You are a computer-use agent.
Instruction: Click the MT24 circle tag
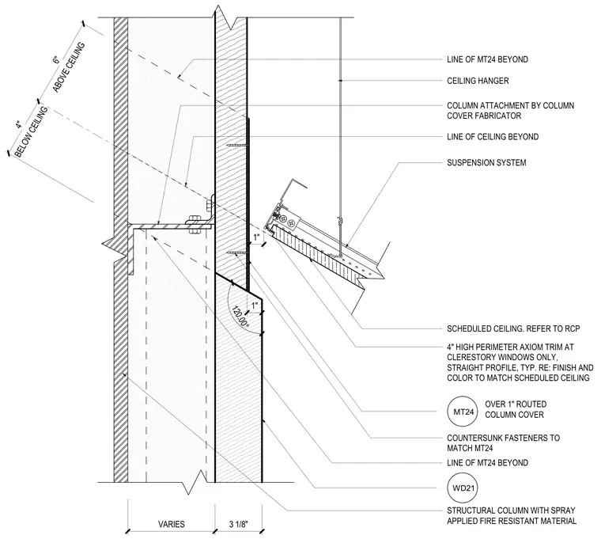click(463, 412)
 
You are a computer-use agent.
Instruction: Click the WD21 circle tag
click(463, 488)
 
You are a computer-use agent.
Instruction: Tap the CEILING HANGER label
click(478, 81)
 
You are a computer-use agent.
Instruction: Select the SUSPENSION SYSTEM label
click(486, 163)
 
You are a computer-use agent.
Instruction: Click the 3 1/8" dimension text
click(239, 524)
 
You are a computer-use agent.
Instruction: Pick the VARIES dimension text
click(172, 524)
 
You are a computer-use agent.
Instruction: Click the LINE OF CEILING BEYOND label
click(493, 137)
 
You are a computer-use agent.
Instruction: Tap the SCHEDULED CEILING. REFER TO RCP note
click(513, 328)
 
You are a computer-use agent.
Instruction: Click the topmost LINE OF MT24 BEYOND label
click(488, 59)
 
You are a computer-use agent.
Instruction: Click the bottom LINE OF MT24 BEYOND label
click(488, 463)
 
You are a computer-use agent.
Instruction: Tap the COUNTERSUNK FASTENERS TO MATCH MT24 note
click(503, 443)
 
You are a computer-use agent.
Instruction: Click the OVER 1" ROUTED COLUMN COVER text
click(516, 409)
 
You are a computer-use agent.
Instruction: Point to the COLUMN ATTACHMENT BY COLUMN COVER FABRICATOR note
click(511, 111)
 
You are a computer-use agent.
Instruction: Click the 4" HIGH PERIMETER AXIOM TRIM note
click(520, 362)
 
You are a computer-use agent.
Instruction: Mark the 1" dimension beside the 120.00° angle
click(255, 306)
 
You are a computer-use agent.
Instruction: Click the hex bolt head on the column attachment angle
click(195, 221)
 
